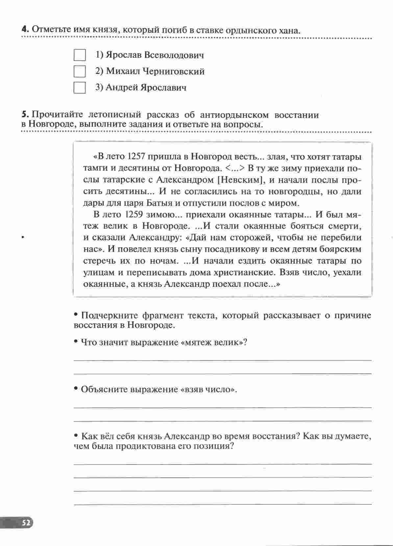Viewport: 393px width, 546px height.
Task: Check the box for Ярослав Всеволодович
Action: pos(80,55)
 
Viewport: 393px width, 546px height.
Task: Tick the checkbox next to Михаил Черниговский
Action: pos(80,71)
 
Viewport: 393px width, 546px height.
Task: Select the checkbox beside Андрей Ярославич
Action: pos(80,87)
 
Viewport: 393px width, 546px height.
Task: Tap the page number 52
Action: pos(26,523)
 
